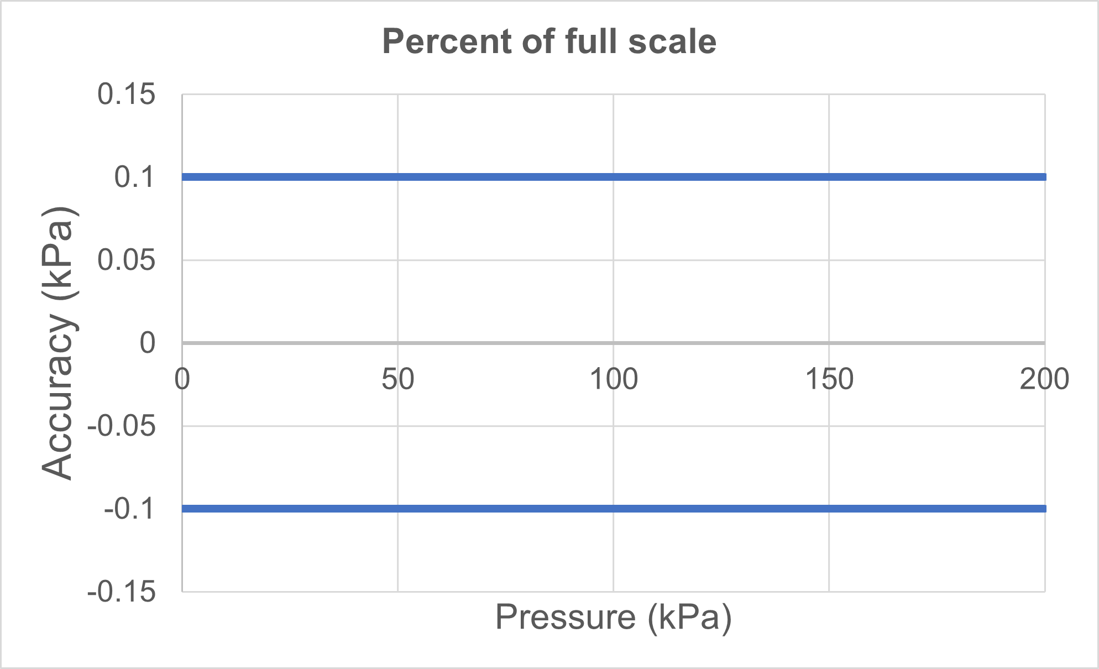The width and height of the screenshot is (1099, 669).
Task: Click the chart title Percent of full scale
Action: coord(549,41)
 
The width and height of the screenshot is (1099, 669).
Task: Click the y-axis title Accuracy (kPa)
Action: coord(58,343)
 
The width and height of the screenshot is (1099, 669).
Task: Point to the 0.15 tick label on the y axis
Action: coord(127,94)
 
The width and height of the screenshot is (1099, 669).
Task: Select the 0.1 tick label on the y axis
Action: coord(134,177)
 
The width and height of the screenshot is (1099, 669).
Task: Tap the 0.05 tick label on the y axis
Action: coord(127,260)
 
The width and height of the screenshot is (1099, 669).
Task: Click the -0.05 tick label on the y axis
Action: coord(122,426)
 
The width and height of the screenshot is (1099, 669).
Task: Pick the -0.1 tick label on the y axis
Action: coord(129,509)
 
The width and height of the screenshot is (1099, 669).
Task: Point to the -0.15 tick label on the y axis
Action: coord(122,592)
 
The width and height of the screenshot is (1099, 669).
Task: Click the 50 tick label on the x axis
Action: coord(397,380)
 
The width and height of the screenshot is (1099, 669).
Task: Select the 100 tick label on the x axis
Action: coord(613,380)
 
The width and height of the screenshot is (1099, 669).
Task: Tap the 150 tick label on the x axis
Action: coord(829,380)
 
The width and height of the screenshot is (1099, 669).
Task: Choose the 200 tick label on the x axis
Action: coord(1044,380)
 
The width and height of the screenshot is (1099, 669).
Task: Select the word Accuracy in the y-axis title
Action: coord(58,398)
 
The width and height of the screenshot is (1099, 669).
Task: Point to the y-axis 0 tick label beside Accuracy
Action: coord(148,343)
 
